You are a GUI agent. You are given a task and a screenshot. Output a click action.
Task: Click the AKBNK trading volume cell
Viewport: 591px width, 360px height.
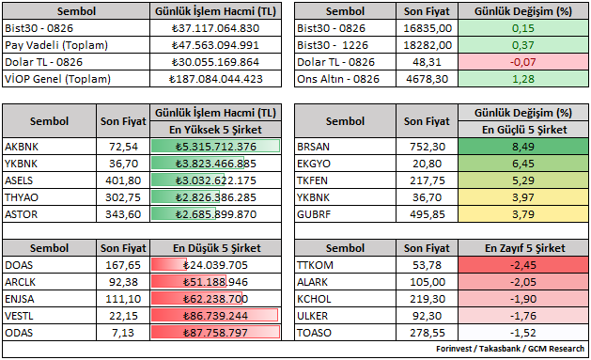pyautogui.click(x=215, y=147)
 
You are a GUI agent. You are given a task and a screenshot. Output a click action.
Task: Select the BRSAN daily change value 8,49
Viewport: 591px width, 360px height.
pyautogui.click(x=523, y=147)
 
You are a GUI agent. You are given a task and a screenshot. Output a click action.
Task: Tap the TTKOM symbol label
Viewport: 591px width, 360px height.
pyautogui.click(x=315, y=265)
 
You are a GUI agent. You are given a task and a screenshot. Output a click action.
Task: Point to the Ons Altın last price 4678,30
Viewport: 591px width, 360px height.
pyautogui.click(x=428, y=79)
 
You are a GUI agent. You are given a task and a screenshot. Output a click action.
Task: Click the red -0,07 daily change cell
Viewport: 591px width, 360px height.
pyautogui.click(x=523, y=62)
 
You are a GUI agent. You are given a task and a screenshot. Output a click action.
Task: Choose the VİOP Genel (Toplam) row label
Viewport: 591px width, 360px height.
pyautogui.click(x=57, y=79)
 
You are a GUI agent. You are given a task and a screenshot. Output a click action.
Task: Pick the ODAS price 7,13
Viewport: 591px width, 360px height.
pyautogui.click(x=123, y=333)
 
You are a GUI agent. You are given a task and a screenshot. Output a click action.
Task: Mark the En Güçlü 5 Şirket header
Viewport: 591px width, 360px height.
pyautogui.click(x=524, y=130)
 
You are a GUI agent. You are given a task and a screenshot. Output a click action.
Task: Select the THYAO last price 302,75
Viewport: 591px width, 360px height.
pyautogui.click(x=123, y=197)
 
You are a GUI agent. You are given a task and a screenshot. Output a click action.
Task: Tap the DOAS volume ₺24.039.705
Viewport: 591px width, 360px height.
pyautogui.click(x=215, y=265)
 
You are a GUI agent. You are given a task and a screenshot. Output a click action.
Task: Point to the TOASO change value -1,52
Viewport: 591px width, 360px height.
pyautogui.click(x=523, y=333)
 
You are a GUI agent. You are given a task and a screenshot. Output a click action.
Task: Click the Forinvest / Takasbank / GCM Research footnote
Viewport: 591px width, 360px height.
pyautogui.click(x=510, y=349)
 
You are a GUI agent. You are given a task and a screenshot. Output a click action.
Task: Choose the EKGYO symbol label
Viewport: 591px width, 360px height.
pyautogui.click(x=314, y=164)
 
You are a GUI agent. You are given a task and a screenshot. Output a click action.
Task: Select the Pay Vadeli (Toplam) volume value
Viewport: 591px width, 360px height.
pyautogui.click(x=215, y=45)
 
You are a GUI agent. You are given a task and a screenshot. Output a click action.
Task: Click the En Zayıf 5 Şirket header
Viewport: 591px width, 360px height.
pyautogui.click(x=524, y=248)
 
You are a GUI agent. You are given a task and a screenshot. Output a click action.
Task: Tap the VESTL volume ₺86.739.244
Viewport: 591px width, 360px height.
pyautogui.click(x=215, y=316)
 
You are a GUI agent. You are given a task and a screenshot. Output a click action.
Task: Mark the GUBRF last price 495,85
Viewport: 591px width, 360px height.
pyautogui.click(x=428, y=214)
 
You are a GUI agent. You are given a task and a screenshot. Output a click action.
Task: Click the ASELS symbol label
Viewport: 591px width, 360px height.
pyautogui.click(x=19, y=180)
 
